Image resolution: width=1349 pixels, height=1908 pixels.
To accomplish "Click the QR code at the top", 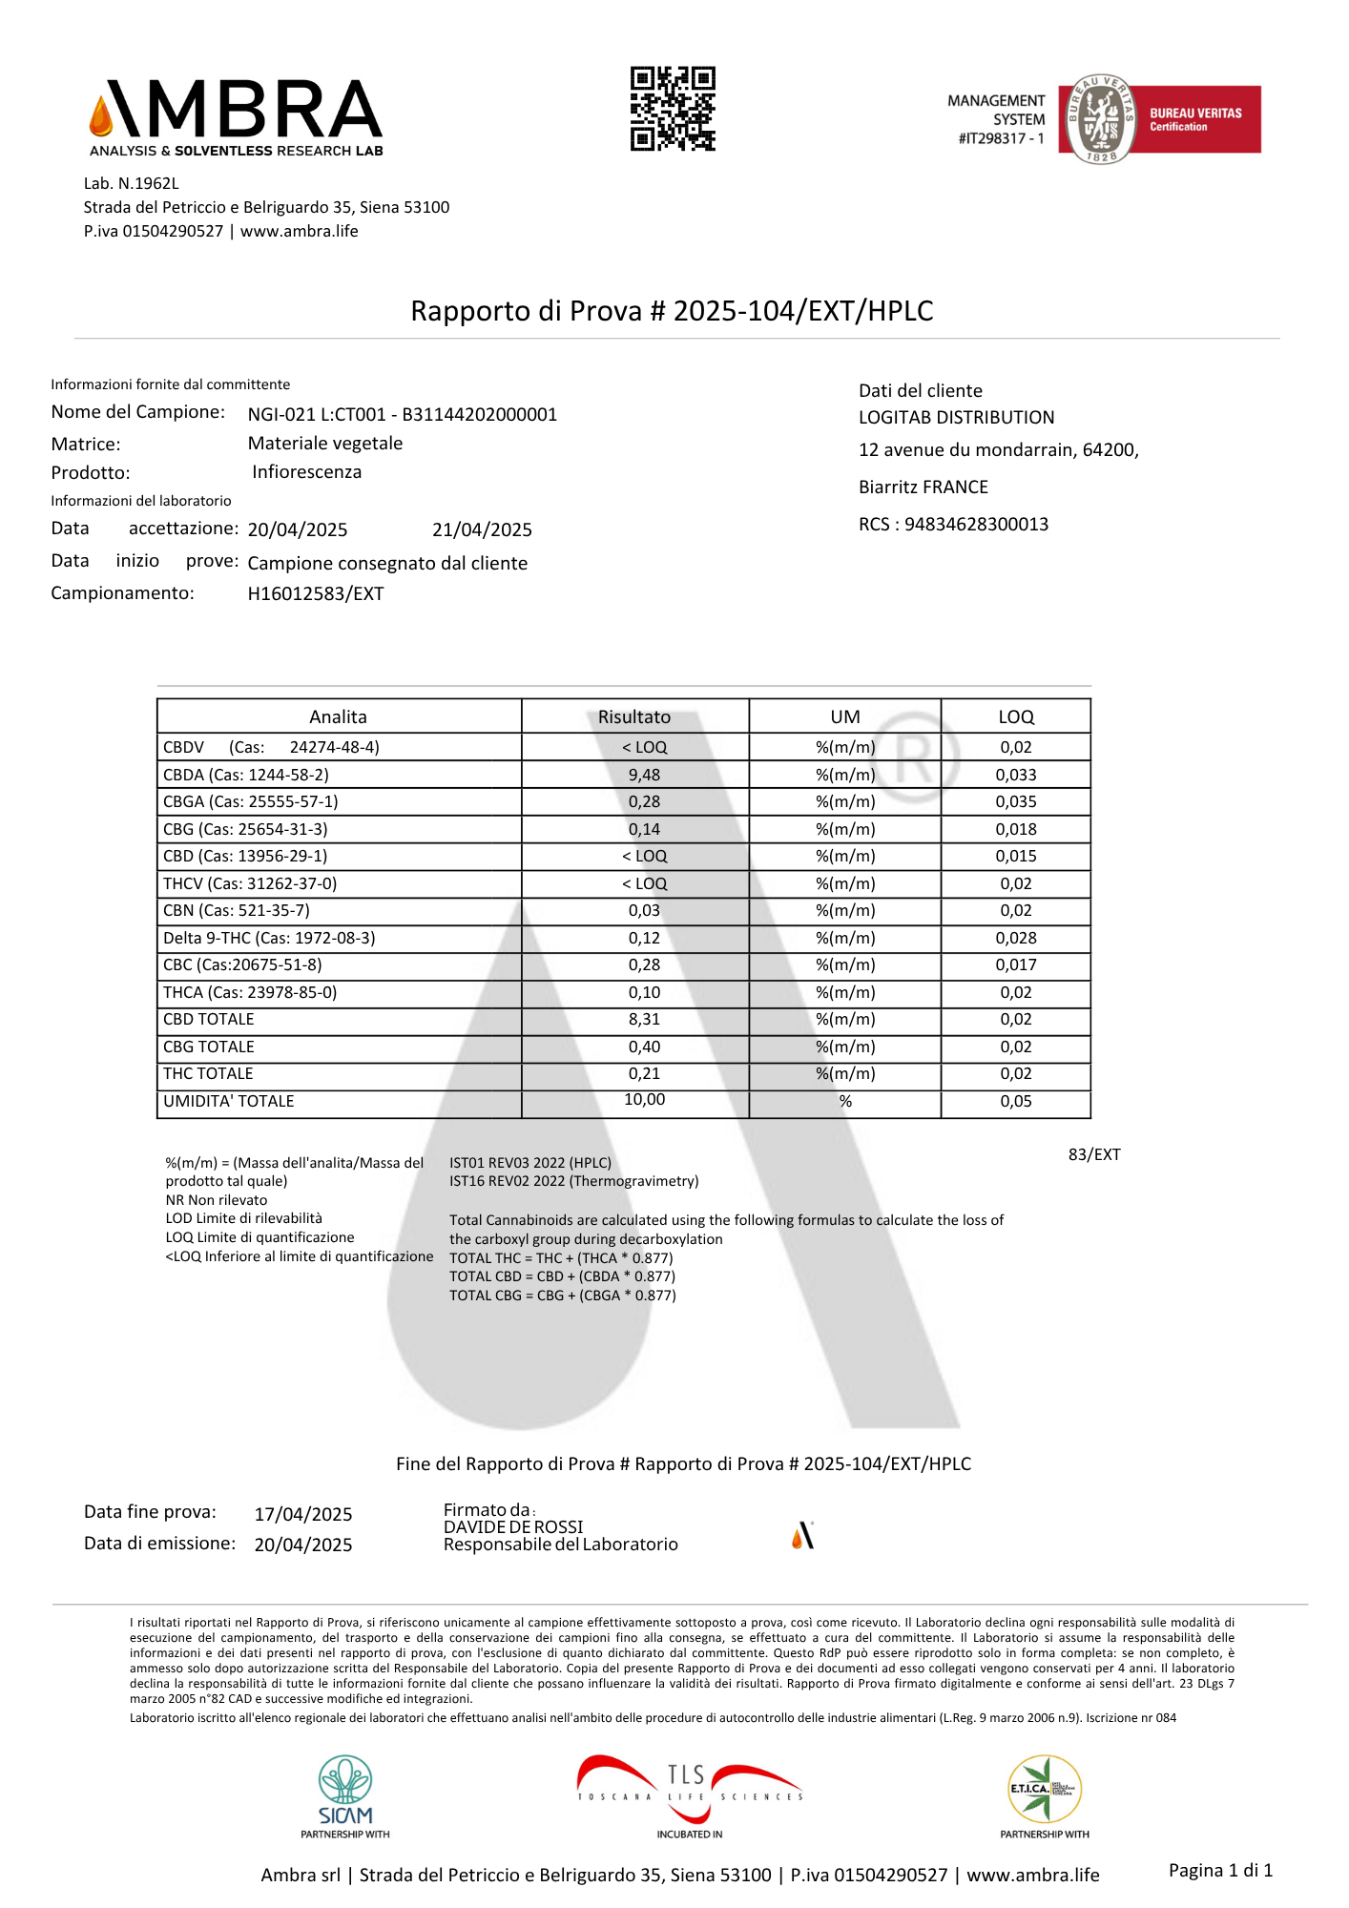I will point(673,109).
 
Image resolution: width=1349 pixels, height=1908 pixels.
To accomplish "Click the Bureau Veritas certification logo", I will point(1159,119).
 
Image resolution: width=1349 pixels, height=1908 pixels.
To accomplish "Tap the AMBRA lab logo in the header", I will point(237,117).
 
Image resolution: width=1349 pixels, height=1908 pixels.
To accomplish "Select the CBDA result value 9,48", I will point(644,775).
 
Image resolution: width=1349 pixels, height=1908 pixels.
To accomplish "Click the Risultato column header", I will point(634,716).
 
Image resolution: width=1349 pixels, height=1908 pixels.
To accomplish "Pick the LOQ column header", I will point(1015,716).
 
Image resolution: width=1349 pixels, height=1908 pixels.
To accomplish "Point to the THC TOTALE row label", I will point(208,1073).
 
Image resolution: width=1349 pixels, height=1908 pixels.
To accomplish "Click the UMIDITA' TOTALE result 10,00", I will point(644,1100).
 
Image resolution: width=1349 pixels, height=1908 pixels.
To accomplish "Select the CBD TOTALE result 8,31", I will point(644,1019).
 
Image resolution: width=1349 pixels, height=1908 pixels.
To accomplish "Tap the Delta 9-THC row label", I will point(269,938).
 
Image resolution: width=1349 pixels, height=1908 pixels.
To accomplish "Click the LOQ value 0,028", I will point(1015,938).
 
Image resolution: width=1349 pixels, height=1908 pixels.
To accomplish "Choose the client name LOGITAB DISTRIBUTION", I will point(956,417).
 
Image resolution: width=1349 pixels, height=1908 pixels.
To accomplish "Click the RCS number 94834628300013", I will point(975,524).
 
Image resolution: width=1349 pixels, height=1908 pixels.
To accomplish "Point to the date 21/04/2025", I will point(482,529).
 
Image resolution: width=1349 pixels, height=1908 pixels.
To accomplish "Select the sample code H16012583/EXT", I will point(316,593).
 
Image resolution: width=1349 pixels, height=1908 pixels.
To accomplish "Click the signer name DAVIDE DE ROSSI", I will point(513,1526).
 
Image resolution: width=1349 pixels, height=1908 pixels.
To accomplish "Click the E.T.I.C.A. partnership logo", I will point(1044,1790).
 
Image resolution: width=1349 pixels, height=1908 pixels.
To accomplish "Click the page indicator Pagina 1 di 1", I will point(1220,1870).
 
